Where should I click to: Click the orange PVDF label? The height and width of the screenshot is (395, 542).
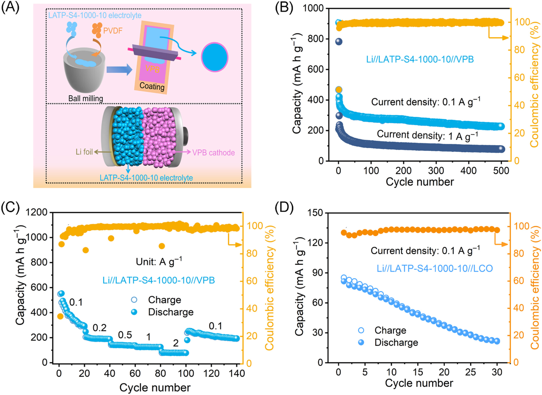113,31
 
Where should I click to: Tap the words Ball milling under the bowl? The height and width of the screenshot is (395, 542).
85,98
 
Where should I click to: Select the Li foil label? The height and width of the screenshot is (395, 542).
84,152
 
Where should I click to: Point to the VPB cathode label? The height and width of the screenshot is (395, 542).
213,153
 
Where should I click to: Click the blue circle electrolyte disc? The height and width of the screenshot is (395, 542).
214,57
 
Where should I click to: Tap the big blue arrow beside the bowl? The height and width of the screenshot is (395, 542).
119,70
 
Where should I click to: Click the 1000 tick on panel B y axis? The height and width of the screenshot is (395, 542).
313,8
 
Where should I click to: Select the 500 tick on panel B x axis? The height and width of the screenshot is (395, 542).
501,171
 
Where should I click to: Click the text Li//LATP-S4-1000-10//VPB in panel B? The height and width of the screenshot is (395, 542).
420,59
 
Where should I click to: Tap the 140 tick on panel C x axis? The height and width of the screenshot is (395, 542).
237,374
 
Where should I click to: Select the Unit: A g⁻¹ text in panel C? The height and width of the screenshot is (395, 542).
159,261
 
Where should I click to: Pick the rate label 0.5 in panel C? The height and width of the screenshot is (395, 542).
125,335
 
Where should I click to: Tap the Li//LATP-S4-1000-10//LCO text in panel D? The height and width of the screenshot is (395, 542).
435,268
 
